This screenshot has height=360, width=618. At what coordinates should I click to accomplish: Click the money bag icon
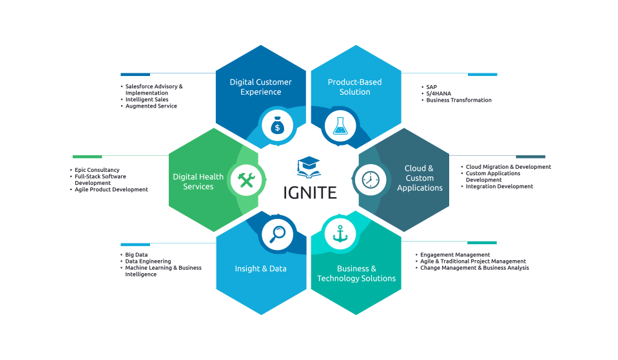pos(277,125)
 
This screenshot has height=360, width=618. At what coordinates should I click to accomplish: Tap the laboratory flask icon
pos(340,125)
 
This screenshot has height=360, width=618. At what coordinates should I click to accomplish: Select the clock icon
pos(371,179)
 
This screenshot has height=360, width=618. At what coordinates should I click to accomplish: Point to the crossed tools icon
pos(247,180)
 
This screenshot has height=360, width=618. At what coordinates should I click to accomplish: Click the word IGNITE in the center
pos(309,192)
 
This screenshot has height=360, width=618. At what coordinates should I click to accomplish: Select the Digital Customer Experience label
pos(260,87)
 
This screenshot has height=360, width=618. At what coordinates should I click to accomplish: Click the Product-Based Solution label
pos(354,87)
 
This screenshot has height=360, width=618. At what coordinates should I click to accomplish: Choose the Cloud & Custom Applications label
pos(420,178)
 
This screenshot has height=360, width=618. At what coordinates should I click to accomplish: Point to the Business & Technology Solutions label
pos(356,274)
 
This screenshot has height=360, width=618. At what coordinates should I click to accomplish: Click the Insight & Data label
pos(260,269)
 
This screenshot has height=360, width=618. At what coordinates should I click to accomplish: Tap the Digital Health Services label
pos(198,182)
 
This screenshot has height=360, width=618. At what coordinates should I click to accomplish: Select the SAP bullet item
pos(432,86)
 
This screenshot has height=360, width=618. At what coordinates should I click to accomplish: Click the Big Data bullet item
pos(137,255)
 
